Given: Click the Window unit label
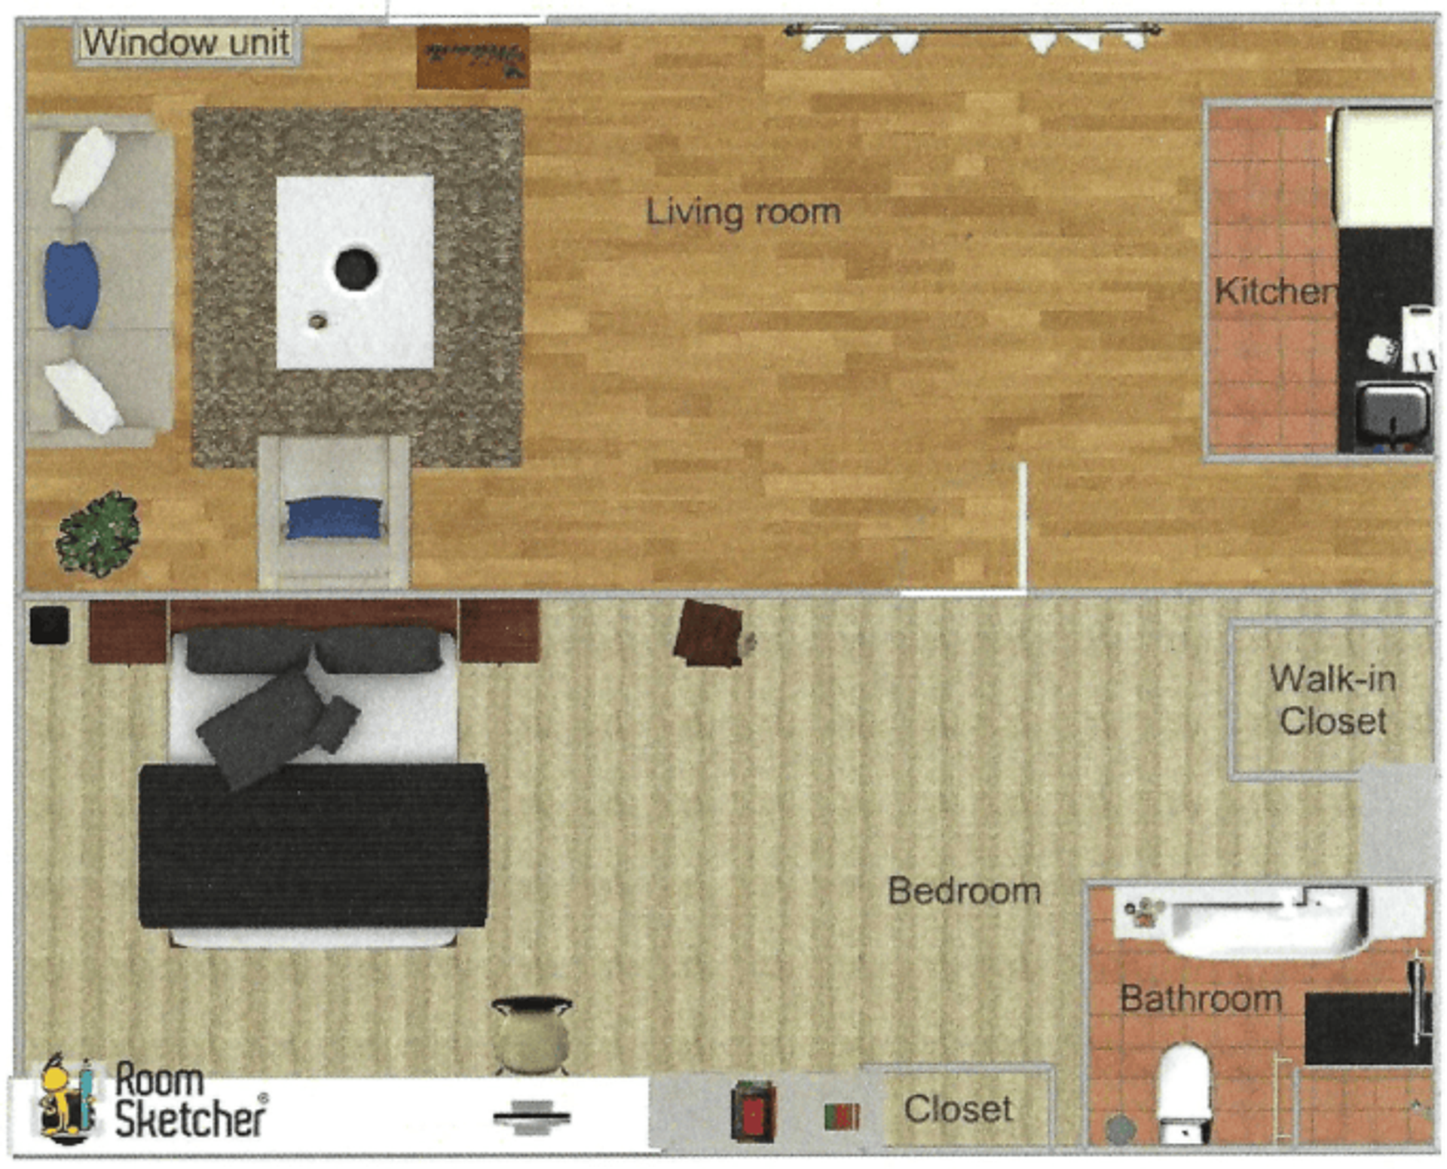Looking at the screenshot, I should click(186, 42).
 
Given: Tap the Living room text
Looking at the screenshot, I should click(743, 212).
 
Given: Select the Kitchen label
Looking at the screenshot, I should click(1274, 291).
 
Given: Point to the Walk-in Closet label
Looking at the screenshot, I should click(1332, 699).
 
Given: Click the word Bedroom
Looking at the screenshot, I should click(964, 891).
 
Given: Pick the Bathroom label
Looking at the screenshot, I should click(1201, 999).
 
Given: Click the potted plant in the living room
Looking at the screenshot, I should click(99, 534).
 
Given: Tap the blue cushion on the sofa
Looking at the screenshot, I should click(71, 285).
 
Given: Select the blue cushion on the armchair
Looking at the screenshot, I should click(334, 518).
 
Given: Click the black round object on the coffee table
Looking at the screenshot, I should click(356, 268).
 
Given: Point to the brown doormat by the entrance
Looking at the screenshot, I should click(473, 57).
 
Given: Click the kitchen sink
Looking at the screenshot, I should click(1393, 414).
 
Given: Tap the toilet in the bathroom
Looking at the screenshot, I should click(1184, 1085).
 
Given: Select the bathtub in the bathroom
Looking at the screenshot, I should click(1266, 921).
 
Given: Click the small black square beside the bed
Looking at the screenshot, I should click(49, 626).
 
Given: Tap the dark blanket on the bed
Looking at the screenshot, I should click(313, 844).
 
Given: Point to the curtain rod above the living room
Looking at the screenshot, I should click(972, 30).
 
